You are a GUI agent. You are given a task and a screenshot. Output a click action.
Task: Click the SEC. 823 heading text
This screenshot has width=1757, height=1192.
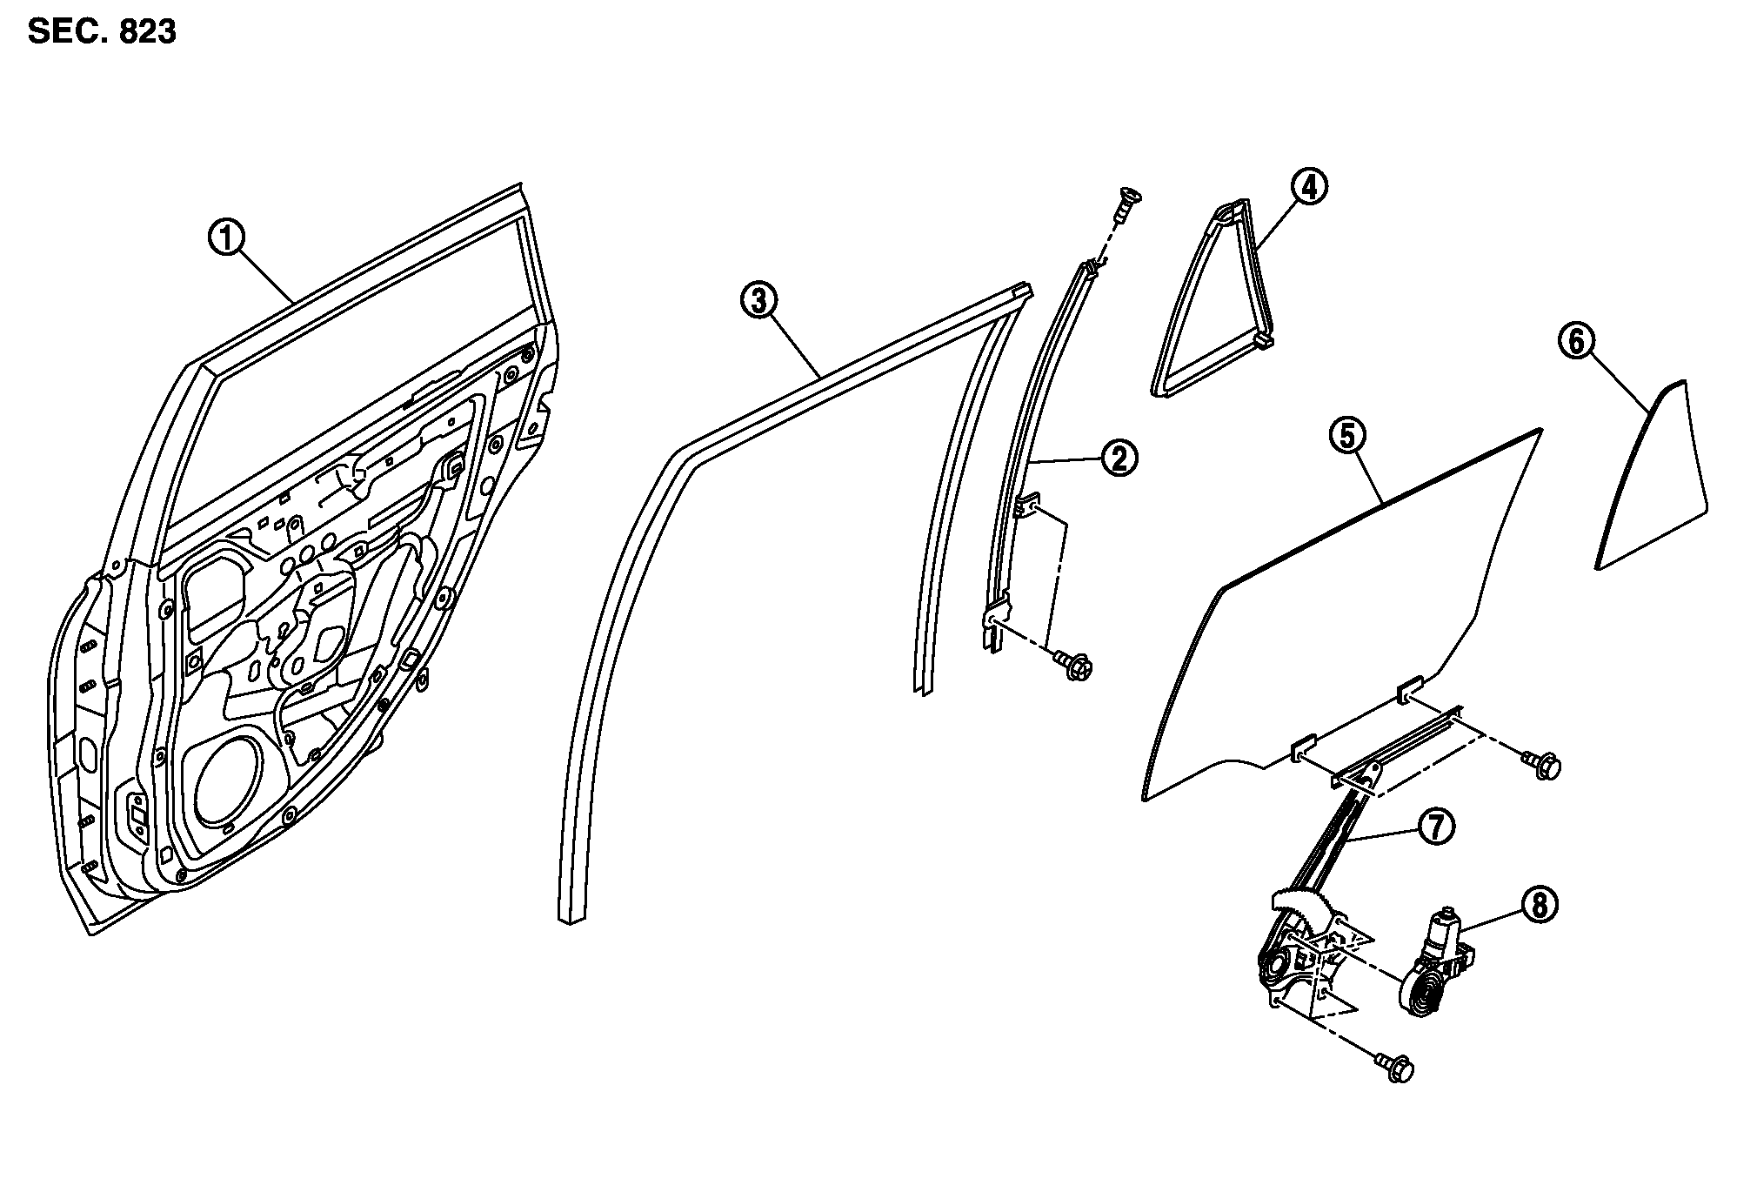pos(102,32)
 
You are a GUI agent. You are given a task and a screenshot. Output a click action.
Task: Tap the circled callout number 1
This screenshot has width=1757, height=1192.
pos(227,238)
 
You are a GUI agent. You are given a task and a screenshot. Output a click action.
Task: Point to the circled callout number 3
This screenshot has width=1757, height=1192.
pos(758,300)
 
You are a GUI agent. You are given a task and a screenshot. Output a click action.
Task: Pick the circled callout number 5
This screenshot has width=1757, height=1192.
pos(1347,436)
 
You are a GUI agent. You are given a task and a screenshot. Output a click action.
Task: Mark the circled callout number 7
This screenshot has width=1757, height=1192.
pos(1436,827)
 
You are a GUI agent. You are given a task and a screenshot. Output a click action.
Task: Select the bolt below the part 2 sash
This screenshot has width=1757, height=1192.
pos(1075,666)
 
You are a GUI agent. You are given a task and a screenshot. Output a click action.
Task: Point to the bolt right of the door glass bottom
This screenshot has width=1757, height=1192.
pos(1545,766)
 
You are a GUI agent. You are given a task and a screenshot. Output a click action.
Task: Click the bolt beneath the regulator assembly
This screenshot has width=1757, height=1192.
pos(1396,1068)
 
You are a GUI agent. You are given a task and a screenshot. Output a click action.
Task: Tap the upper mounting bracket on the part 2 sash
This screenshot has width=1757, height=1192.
pos(1027,506)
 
